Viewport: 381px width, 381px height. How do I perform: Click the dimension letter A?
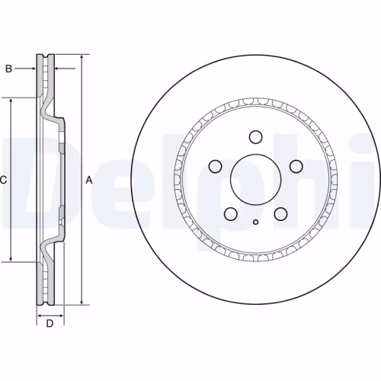point(89,181)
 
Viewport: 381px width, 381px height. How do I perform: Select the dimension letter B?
point(8,69)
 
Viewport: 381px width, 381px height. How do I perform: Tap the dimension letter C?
point(4,181)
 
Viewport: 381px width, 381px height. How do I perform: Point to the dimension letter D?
point(49,325)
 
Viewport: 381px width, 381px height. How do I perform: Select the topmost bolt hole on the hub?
point(255,137)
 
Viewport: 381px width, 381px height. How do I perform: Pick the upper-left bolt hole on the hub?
point(215,167)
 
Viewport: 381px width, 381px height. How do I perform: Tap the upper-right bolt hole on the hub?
point(296,167)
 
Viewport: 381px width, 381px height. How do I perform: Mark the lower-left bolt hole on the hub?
point(230,215)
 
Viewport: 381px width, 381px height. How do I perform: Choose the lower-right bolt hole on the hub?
point(280,215)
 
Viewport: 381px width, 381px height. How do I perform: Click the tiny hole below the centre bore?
point(255,223)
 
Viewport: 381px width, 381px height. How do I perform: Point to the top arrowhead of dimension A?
point(82,58)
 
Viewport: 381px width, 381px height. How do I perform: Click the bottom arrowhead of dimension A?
point(82,302)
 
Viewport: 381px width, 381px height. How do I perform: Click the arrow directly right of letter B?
point(32,69)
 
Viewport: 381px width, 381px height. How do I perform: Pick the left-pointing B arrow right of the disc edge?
point(61,69)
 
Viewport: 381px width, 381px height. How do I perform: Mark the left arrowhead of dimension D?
point(40,314)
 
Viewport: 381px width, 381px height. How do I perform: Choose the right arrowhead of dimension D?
point(60,314)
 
